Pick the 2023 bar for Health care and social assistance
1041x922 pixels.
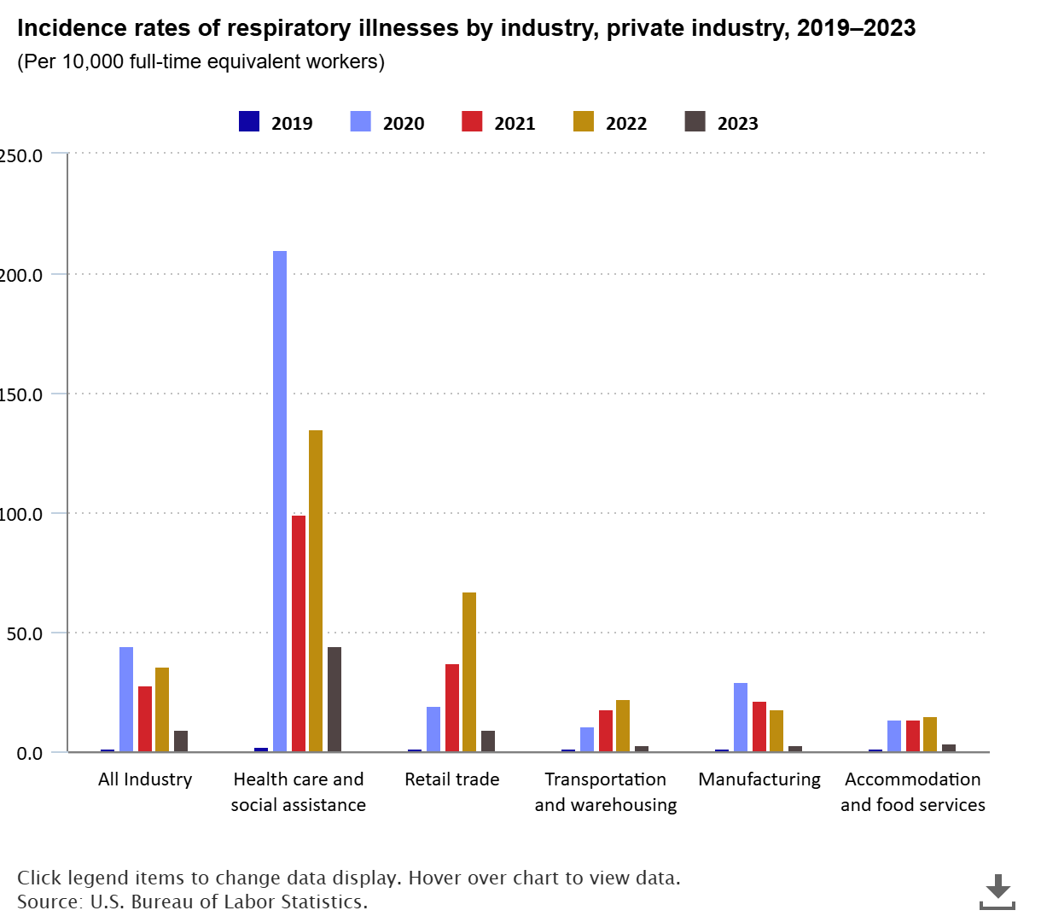point(334,699)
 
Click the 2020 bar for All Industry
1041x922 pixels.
point(126,699)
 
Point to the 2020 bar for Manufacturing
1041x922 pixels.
point(741,717)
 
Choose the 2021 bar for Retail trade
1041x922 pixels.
point(452,708)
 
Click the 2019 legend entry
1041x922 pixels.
point(276,123)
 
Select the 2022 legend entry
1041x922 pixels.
point(610,123)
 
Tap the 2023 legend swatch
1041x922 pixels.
point(695,122)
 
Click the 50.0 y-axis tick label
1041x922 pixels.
point(24,633)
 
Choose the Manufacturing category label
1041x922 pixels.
point(759,779)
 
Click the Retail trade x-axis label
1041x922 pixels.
point(452,779)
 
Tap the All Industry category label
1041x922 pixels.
point(145,779)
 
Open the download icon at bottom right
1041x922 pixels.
point(997,892)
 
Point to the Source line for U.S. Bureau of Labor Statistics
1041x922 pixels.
point(192,902)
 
